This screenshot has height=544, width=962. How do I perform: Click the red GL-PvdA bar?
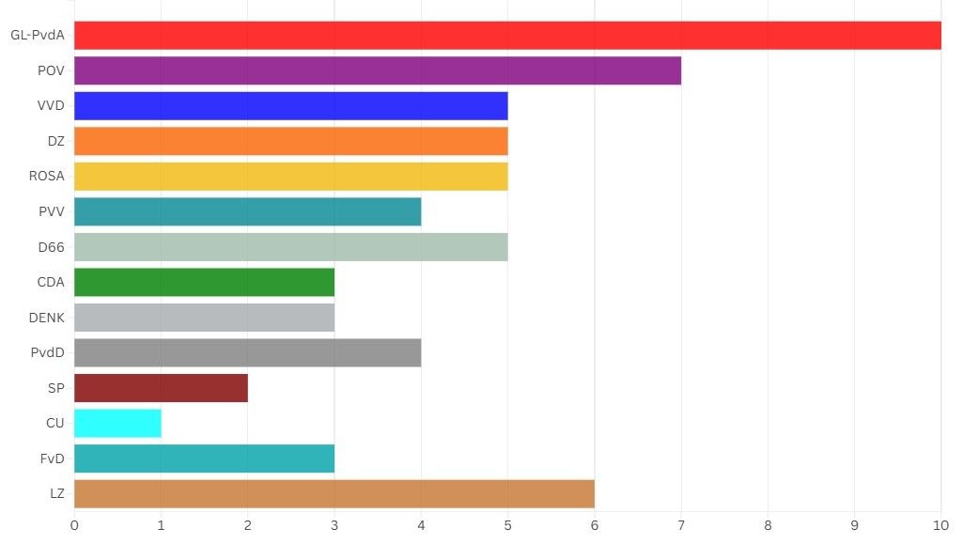click(507, 36)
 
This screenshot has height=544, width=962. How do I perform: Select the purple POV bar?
click(377, 70)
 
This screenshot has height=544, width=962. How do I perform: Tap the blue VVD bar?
click(290, 106)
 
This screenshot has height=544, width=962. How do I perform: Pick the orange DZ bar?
click(290, 141)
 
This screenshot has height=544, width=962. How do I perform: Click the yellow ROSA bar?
click(290, 177)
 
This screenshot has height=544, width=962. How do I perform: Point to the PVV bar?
click(247, 211)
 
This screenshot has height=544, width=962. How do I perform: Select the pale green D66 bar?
click(290, 247)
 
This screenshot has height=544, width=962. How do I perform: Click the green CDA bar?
click(204, 282)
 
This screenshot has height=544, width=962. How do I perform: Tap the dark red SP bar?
click(161, 388)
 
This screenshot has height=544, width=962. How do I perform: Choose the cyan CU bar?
click(117, 423)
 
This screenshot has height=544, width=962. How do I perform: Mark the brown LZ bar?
click(334, 493)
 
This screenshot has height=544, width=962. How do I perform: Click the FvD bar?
click(204, 459)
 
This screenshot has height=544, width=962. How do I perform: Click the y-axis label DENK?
click(47, 318)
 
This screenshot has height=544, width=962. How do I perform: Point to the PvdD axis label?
click(47, 352)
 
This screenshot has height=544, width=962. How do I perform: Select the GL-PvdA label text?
click(38, 36)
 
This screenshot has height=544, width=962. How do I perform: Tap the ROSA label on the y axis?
click(47, 177)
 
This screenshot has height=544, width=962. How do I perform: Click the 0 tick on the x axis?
click(74, 524)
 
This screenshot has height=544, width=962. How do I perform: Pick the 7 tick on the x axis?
click(681, 524)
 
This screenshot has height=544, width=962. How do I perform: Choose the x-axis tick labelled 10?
click(940, 524)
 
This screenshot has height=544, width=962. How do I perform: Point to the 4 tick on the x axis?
click(421, 524)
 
